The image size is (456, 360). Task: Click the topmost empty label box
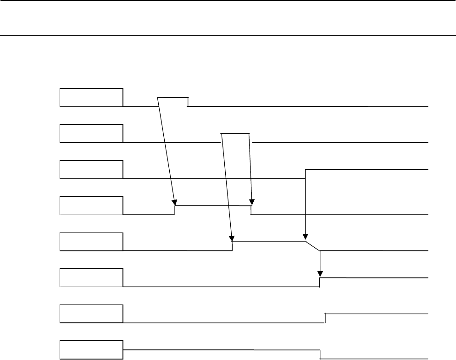click(x=91, y=97)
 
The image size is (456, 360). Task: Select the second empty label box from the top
click(x=91, y=133)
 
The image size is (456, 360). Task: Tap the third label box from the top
click(x=91, y=169)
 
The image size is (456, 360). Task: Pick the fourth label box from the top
click(x=91, y=205)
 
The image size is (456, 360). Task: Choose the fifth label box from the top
click(x=91, y=242)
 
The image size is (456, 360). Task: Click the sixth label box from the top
click(x=91, y=277)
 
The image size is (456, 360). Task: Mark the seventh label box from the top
click(x=91, y=314)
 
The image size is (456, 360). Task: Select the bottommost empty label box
click(x=91, y=350)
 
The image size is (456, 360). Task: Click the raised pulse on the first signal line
click(x=173, y=98)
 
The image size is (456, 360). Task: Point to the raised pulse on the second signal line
click(x=235, y=134)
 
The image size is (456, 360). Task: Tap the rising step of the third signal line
click(x=306, y=174)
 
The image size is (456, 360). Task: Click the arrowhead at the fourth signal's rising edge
click(x=174, y=202)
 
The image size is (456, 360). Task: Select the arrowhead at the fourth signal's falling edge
click(x=251, y=202)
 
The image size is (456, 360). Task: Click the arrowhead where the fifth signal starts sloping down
click(x=305, y=238)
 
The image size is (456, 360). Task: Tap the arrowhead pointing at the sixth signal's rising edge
click(x=320, y=274)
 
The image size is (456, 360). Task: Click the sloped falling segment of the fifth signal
click(x=313, y=246)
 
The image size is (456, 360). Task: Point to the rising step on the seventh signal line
click(x=325, y=318)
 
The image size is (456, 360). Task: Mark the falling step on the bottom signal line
click(x=320, y=354)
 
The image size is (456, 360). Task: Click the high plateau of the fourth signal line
click(x=213, y=206)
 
